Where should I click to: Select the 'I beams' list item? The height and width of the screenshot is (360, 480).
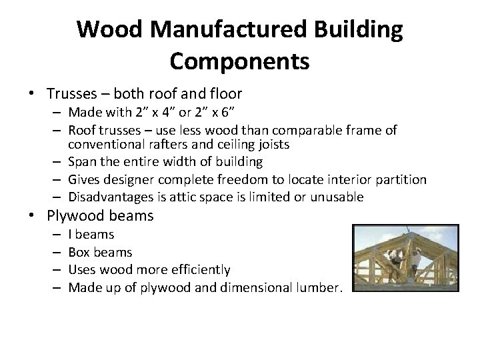click(x=91, y=235)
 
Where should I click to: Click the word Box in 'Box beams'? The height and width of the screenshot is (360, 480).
click(x=79, y=253)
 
